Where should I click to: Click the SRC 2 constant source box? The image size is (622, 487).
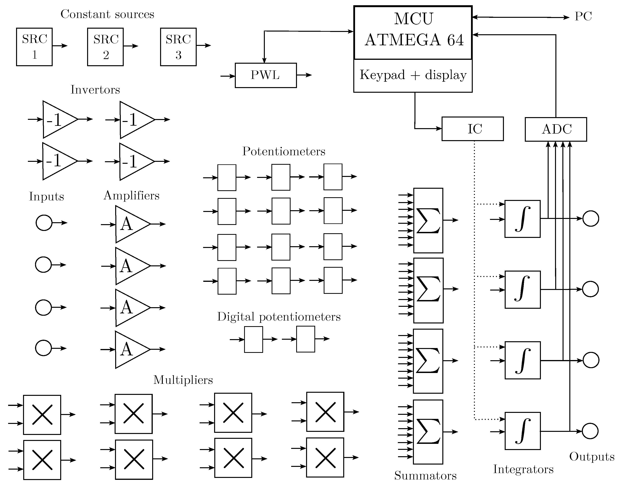[x=105, y=47]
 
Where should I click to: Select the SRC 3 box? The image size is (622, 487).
[x=178, y=47]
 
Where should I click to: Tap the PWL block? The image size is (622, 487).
[x=266, y=75]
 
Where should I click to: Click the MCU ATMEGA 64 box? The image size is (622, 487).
[x=413, y=33]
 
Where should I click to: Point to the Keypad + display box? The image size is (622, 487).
[x=413, y=75]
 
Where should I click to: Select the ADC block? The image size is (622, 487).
[x=556, y=129]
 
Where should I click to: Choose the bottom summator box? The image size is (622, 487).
[x=428, y=432]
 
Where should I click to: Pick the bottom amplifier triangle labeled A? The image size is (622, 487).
[x=130, y=350]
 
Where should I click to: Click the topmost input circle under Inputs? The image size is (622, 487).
[x=44, y=223]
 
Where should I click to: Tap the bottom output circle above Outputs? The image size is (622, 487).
[x=590, y=431]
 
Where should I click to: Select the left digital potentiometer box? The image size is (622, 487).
[x=253, y=339]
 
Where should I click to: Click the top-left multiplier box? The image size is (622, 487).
[x=42, y=415]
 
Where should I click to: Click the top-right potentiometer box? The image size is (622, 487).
[x=333, y=177]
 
